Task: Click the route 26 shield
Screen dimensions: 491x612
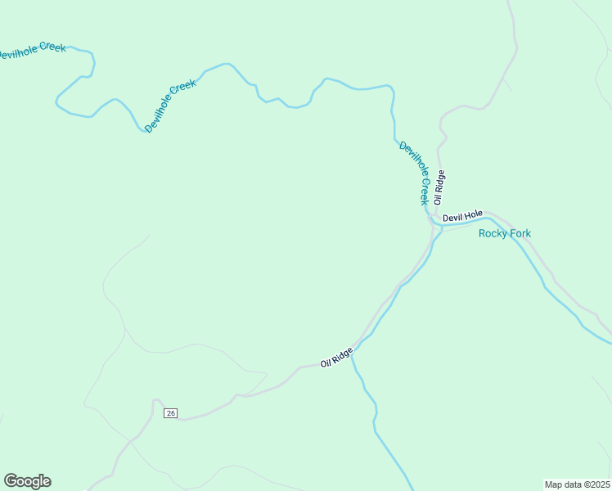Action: (170, 413)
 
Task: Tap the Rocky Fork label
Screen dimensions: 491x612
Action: (504, 233)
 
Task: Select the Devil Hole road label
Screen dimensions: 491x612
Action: (463, 218)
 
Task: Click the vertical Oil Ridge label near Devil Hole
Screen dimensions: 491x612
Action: (439, 187)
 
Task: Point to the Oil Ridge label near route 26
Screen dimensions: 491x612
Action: (336, 357)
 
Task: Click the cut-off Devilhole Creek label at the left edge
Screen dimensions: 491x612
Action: (31, 52)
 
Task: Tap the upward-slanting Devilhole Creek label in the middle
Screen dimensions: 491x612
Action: (170, 107)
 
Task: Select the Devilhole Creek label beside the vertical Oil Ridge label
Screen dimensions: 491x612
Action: (414, 172)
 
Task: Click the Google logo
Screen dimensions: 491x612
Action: (27, 481)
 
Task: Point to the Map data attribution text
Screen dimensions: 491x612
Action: (577, 484)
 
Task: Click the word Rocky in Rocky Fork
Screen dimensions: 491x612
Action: (493, 233)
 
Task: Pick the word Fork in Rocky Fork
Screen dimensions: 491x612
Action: (520, 233)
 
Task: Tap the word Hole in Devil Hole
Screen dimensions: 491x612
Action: (474, 217)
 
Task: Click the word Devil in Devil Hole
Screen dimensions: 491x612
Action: (452, 218)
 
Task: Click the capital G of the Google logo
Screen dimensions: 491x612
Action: (10, 480)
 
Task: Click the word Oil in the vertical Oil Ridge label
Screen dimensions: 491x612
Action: (439, 199)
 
